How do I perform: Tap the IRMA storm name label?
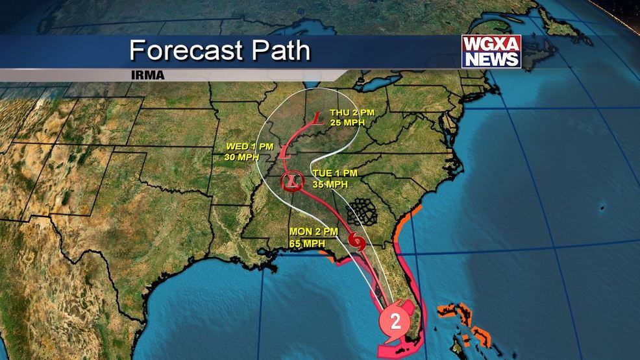147,75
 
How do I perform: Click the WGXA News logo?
491,51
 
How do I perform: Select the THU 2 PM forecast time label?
351,112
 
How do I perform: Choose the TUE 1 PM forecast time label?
335,173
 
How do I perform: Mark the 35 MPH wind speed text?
330,184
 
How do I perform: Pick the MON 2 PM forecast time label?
311,232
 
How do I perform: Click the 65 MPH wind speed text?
307,243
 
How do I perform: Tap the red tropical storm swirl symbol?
356,242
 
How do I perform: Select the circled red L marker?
292,182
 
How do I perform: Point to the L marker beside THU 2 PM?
317,119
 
